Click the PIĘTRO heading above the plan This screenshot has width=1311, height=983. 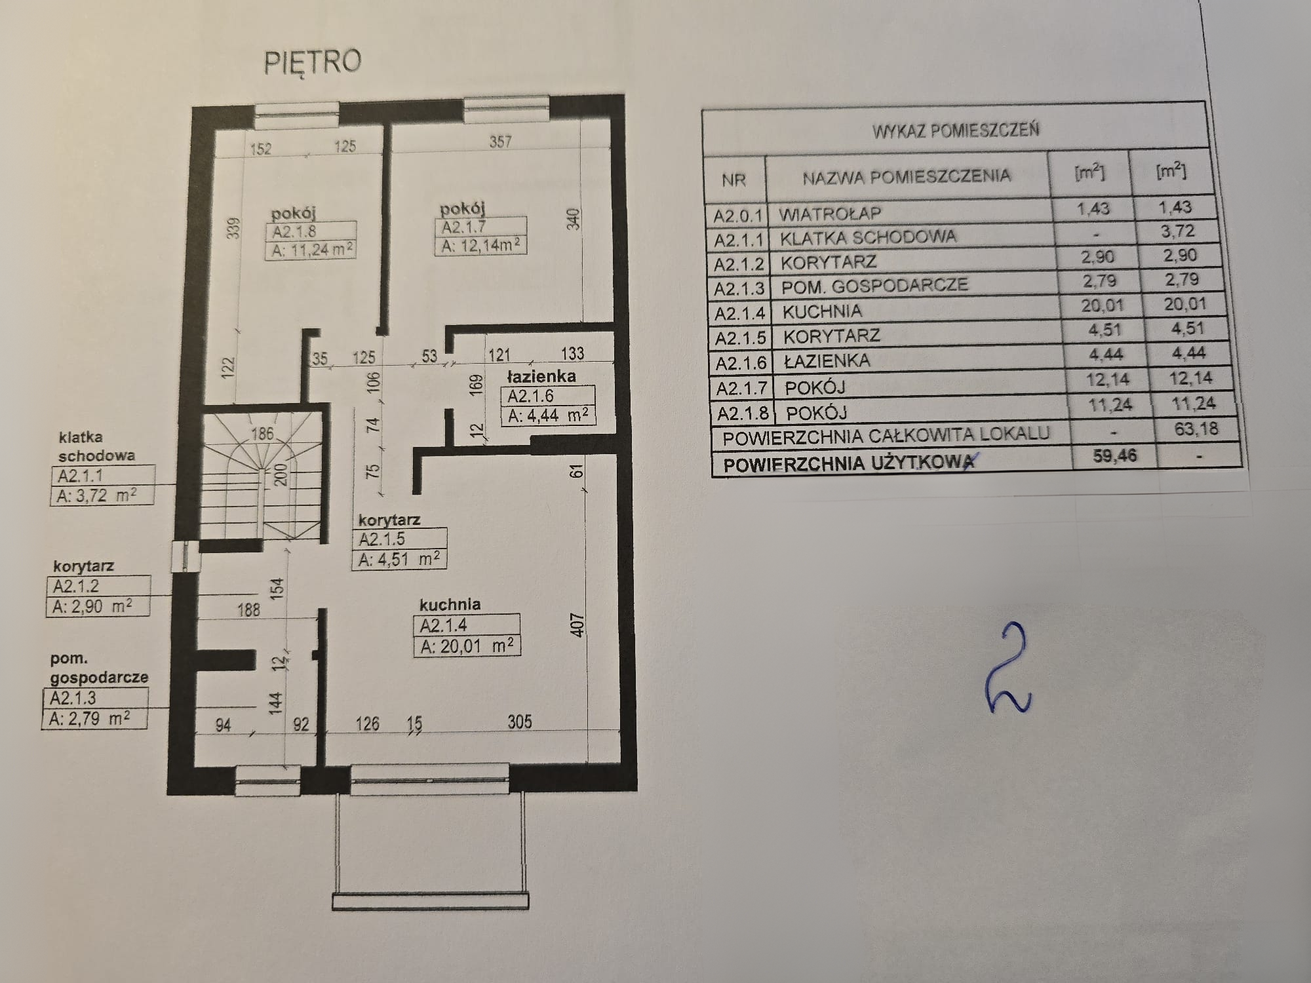(313, 62)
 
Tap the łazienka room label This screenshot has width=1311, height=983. (541, 376)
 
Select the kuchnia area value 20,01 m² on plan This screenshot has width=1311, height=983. (467, 646)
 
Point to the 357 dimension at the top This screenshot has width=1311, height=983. (501, 141)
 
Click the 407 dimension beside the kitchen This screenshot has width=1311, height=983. (577, 625)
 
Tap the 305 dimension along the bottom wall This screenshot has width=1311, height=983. (520, 722)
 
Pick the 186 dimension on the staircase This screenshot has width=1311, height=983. (262, 433)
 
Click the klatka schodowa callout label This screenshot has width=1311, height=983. (96, 446)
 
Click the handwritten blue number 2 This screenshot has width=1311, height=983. (1008, 670)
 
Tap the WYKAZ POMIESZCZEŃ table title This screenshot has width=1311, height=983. (955, 130)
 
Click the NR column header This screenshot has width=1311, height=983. (734, 180)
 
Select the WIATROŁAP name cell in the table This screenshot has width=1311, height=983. (830, 214)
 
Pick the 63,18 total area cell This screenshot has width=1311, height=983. (1197, 429)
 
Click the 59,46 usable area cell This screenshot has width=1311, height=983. (1114, 455)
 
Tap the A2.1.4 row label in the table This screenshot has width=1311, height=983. (740, 313)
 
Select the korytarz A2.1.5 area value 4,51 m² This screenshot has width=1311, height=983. (399, 559)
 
